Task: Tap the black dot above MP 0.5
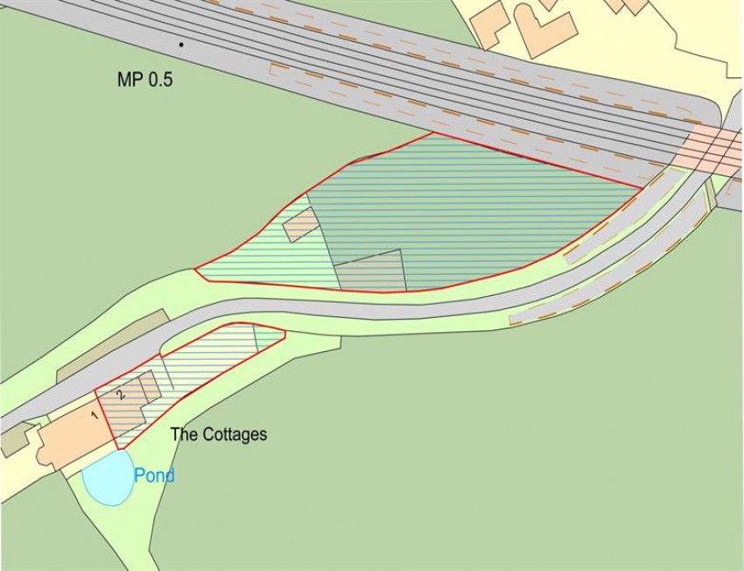tap(181, 44)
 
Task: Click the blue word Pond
tap(154, 476)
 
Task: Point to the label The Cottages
tap(218, 434)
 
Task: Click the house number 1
tap(95, 415)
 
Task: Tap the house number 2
tap(122, 394)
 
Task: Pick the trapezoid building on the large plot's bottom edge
tap(371, 271)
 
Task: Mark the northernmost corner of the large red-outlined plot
tap(432, 133)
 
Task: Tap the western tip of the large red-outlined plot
tap(194, 270)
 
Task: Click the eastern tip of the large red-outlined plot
tap(642, 187)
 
